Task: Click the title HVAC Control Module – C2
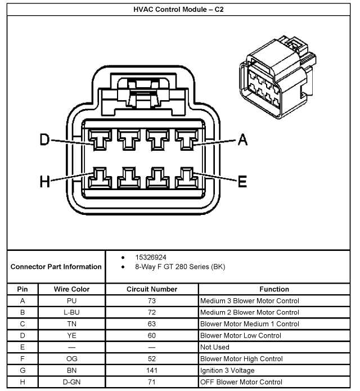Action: (x=181, y=9)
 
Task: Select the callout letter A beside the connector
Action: (x=242, y=140)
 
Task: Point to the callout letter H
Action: (x=45, y=181)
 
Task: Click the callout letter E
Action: (x=242, y=181)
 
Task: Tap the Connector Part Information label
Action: (x=56, y=267)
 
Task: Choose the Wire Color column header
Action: (x=71, y=289)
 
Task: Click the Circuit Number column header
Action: (x=152, y=289)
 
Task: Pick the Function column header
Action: (x=274, y=289)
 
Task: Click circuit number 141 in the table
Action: (x=152, y=370)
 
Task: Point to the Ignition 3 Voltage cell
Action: (x=227, y=370)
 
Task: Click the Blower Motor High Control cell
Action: (x=241, y=359)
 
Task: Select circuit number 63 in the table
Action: (x=152, y=324)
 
